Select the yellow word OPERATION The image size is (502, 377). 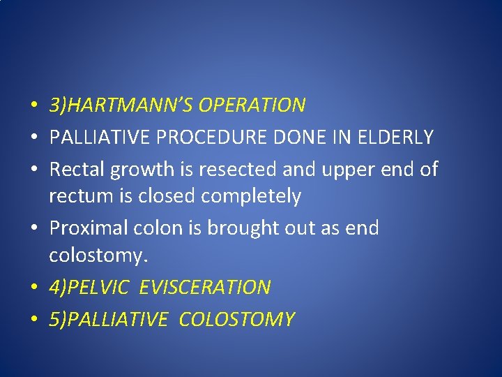tap(252, 105)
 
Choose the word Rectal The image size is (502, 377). tap(74, 168)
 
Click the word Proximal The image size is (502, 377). tap(87, 228)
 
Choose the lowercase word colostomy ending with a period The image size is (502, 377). tap(98, 256)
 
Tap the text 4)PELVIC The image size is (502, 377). tap(89, 287)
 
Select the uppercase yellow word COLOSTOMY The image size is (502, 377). tap(236, 319)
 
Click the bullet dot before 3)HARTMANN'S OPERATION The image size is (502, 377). tap(33, 107)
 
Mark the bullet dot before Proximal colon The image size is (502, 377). tap(33, 229)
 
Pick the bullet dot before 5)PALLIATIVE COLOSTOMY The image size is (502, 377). tap(33, 320)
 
